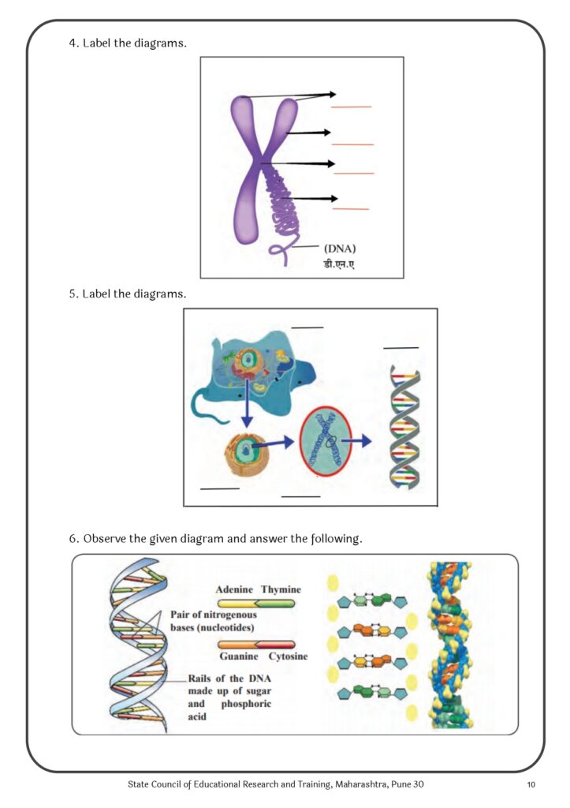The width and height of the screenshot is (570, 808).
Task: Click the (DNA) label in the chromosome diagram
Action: pos(339,249)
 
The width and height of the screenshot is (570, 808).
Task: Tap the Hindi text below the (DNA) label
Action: pos(338,264)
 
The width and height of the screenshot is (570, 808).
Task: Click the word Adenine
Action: pos(234,589)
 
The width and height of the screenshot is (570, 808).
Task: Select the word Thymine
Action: pos(281,589)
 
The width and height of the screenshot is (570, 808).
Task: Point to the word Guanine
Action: pos(239,656)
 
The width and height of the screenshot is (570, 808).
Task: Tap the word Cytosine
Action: pos(288,656)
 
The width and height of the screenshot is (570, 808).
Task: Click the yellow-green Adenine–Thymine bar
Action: pos(256,604)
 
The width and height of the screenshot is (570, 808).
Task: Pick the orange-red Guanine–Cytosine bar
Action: pos(256,644)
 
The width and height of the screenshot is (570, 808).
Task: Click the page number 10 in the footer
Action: pos(531,785)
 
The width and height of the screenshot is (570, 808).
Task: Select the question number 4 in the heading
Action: pos(72,43)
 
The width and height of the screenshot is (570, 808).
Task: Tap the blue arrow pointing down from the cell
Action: pos(247,404)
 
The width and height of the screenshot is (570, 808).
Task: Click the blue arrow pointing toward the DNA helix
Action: pos(356,440)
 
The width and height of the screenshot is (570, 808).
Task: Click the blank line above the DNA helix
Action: pos(400,348)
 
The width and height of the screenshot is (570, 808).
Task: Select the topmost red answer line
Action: pos(351,107)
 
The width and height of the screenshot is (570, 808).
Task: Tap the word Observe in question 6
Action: pos(105,539)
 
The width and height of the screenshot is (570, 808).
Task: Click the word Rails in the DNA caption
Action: pos(199,679)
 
